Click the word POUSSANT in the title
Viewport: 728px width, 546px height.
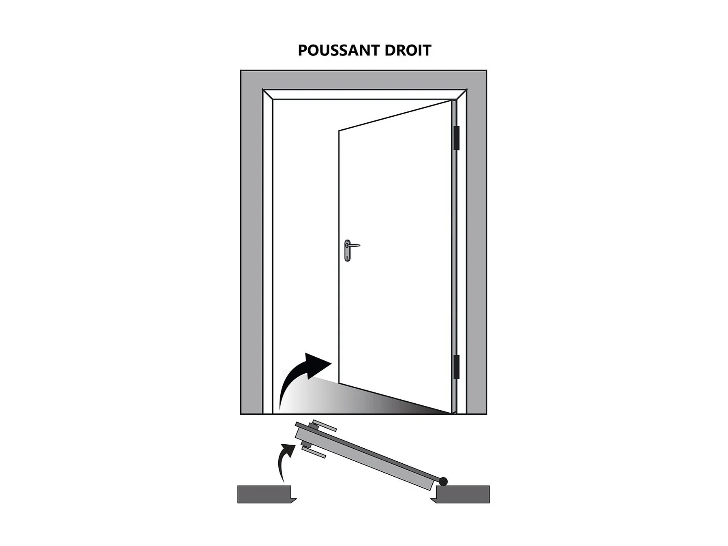[339, 50]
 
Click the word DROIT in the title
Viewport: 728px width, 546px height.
[408, 50]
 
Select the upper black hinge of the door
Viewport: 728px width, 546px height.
[457, 138]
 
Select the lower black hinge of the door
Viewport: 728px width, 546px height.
[457, 366]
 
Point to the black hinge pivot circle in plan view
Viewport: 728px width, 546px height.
[443, 482]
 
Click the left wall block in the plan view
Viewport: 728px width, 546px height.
[265, 494]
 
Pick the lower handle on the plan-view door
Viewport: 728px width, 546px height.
[314, 451]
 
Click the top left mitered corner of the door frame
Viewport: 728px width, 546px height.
[267, 94]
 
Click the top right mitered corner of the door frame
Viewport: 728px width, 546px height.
[462, 94]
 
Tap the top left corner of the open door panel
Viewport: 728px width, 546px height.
[339, 131]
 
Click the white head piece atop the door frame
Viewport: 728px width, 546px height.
[365, 94]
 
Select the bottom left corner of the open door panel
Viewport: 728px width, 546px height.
[339, 383]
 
